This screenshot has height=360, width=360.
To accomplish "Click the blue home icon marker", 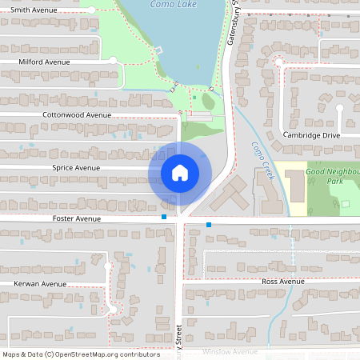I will point(179,172).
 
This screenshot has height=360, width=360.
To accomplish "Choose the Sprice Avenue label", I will point(76,168).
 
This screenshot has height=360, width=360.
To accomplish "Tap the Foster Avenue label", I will point(76,218).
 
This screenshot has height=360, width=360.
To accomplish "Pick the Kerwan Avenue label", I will point(40,284).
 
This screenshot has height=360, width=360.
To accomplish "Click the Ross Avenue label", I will point(283,282).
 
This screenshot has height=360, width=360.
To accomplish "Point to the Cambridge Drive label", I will point(312,135).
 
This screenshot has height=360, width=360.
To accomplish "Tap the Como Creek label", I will point(262,161).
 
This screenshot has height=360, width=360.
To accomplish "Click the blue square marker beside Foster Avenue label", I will point(164,217).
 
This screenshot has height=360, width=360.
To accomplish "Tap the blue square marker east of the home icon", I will point(209,225).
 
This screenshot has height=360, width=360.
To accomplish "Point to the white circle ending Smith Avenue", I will point(92,10).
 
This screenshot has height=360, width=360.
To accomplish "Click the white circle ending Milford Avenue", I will point(113,61).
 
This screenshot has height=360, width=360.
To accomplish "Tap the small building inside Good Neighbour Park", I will point(346,204).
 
